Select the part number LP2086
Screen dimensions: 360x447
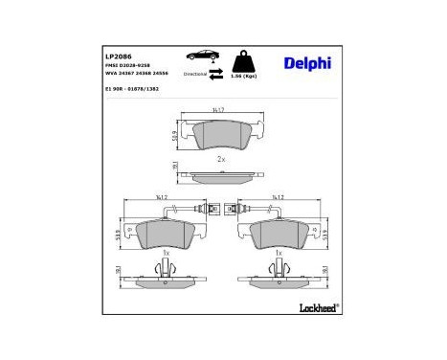click(x=119, y=56)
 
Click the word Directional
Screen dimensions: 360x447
click(x=195, y=72)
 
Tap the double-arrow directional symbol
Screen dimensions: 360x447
click(x=217, y=72)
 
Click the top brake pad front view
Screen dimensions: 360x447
click(x=221, y=135)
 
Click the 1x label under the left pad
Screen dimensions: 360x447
click(x=166, y=253)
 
